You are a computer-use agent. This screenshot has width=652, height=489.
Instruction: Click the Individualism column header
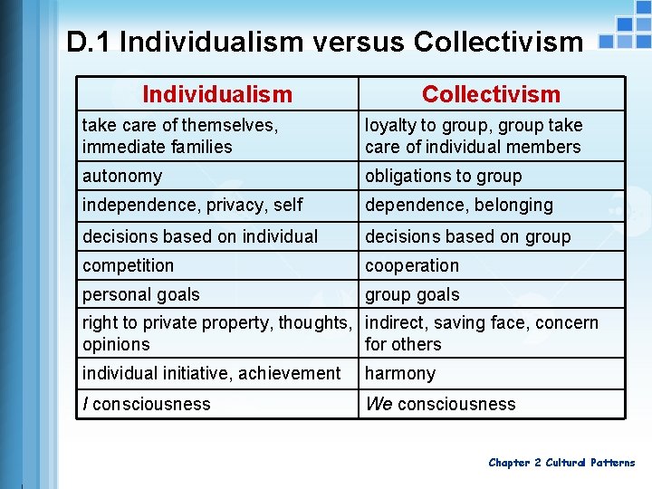[217, 94]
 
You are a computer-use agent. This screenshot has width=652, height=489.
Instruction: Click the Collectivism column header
[491, 94]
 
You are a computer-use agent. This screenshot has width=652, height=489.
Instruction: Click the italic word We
[379, 404]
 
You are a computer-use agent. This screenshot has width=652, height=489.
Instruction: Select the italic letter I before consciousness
[85, 404]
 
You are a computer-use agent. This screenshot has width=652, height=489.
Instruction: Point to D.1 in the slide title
[88, 42]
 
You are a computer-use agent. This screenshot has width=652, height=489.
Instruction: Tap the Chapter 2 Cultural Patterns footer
[561, 463]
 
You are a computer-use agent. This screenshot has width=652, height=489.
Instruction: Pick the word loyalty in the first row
[395, 125]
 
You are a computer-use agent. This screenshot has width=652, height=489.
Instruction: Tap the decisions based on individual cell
[199, 236]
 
